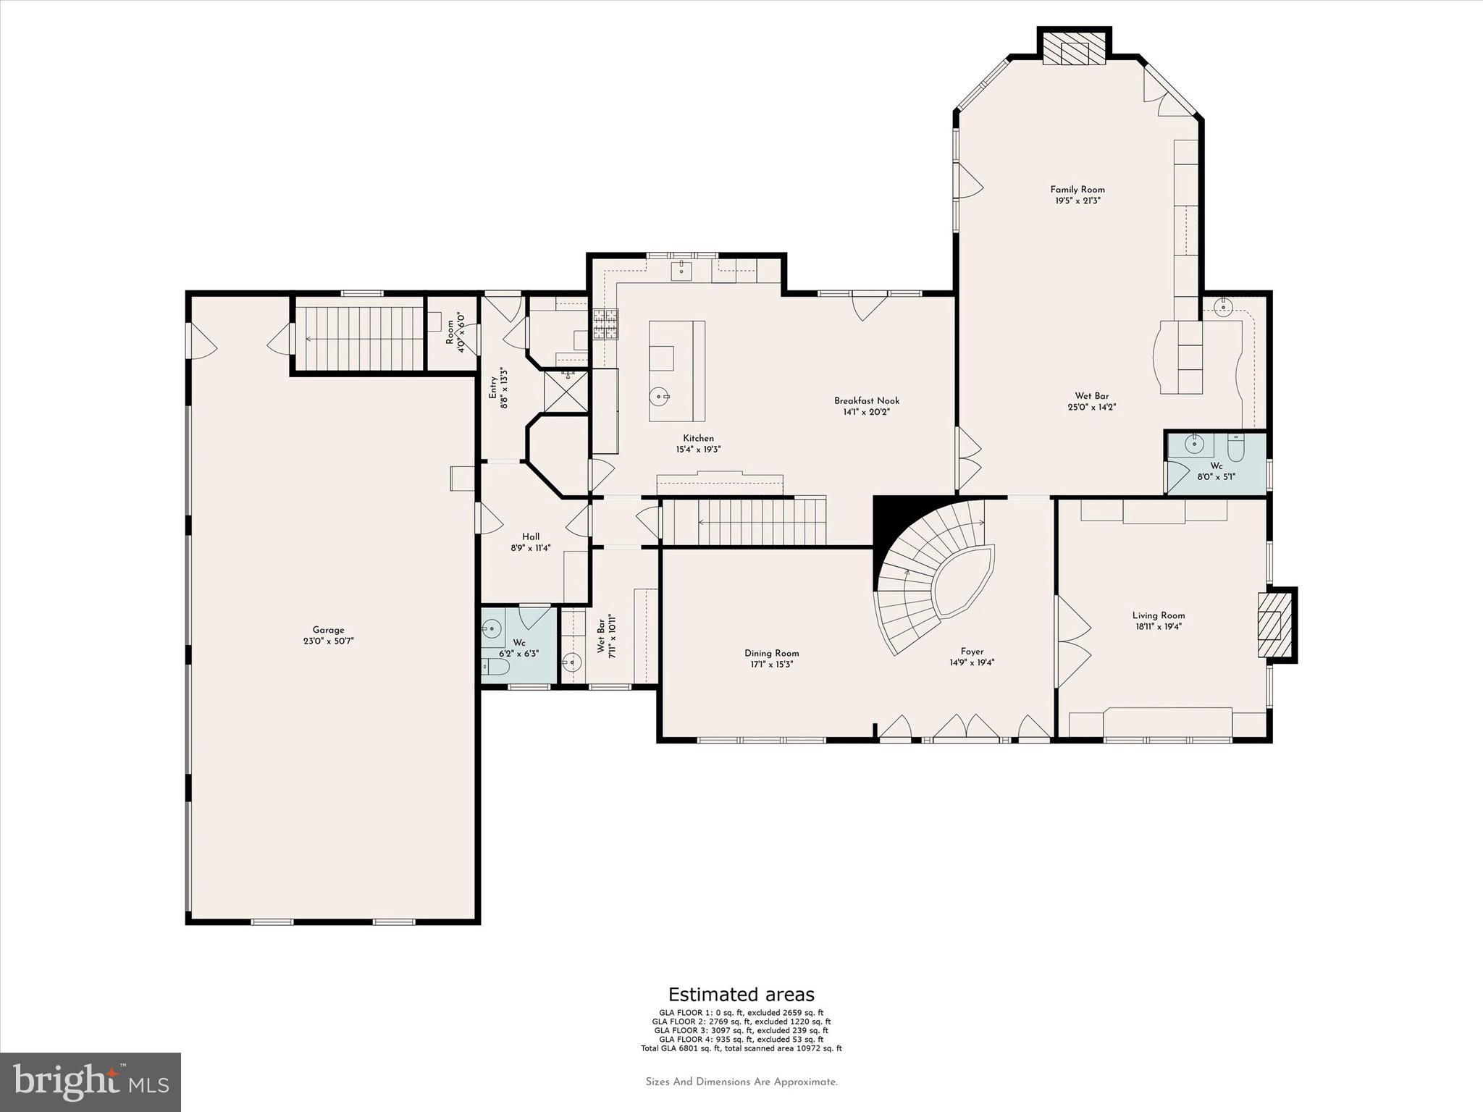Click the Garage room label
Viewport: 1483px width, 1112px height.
328,630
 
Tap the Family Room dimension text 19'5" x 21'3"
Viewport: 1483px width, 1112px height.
1077,201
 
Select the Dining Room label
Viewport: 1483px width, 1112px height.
771,653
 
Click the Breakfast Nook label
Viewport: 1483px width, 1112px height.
866,401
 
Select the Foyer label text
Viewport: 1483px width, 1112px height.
972,652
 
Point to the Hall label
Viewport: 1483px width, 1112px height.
531,537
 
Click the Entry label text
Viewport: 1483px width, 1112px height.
493,387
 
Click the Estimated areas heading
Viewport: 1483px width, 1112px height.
741,995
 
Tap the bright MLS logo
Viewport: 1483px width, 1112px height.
91,1082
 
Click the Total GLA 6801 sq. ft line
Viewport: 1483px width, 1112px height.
741,1048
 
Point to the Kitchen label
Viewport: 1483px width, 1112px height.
698,438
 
